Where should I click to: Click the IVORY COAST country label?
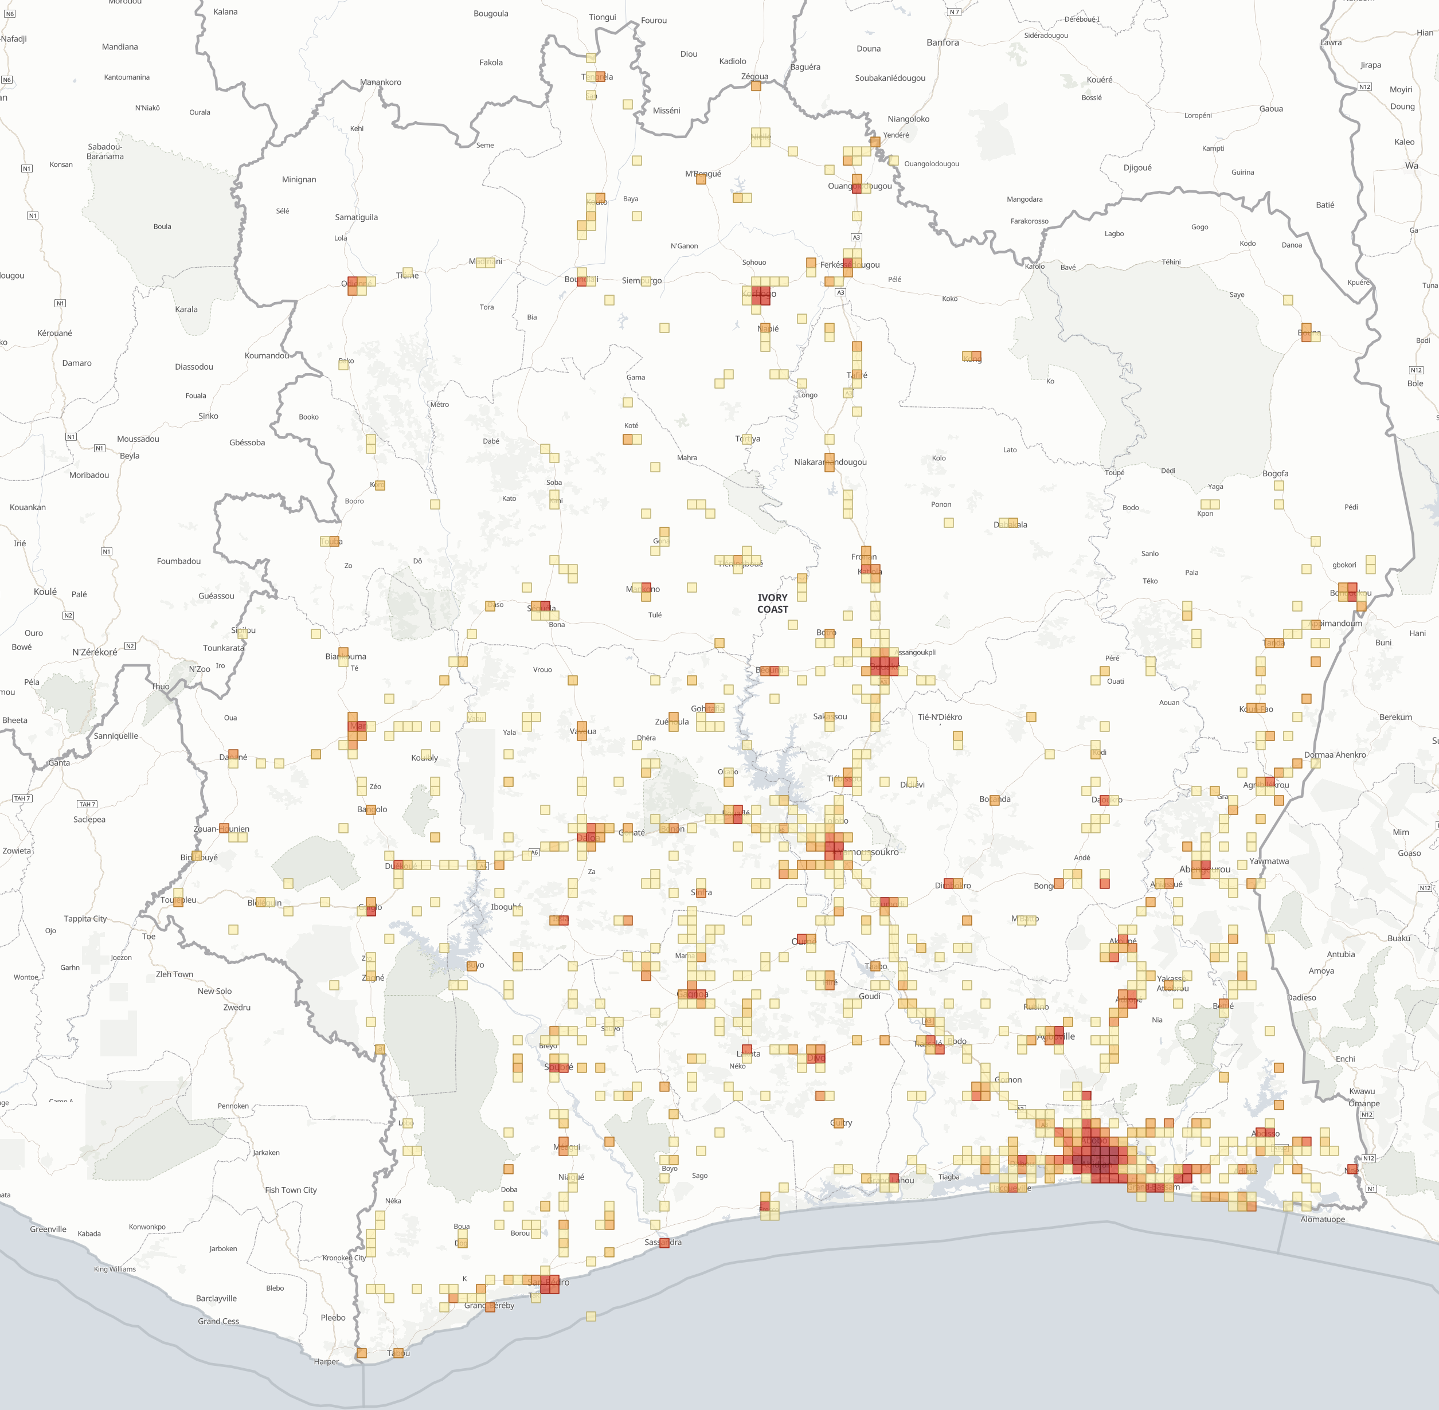point(772,603)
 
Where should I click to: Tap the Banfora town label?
point(942,42)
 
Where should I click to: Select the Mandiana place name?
point(120,46)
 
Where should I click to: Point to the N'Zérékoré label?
point(94,652)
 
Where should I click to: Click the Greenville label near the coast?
point(48,1228)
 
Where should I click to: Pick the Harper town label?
point(326,1361)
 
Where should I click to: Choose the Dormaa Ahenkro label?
point(1335,755)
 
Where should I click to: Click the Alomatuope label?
point(1322,1219)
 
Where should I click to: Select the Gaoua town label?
point(1271,109)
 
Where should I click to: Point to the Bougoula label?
point(490,13)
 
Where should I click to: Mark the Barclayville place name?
point(216,1298)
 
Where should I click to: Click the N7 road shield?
point(954,12)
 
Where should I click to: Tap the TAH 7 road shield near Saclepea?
point(87,804)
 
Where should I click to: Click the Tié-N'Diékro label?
point(940,717)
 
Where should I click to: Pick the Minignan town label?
point(299,179)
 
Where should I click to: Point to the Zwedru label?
point(236,1007)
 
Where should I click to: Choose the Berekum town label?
point(1395,717)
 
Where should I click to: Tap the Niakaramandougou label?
point(830,462)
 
